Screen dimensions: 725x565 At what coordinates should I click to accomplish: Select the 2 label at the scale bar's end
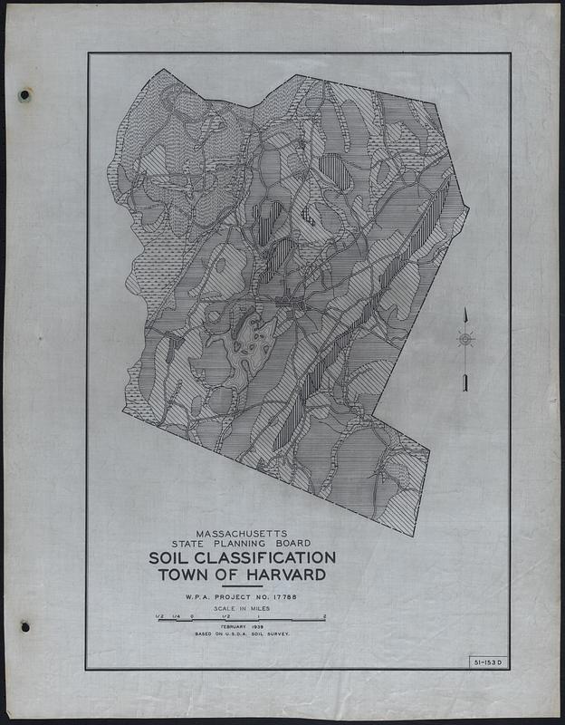323,615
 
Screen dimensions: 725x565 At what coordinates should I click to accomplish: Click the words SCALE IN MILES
241,608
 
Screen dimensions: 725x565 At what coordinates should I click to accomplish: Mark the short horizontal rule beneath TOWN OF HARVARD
241,586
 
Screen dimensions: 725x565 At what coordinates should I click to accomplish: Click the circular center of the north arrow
465,340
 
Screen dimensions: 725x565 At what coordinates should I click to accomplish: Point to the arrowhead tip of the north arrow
465,311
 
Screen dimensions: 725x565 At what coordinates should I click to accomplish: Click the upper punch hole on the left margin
24,95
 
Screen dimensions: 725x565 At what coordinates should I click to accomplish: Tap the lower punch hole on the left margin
25,626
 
